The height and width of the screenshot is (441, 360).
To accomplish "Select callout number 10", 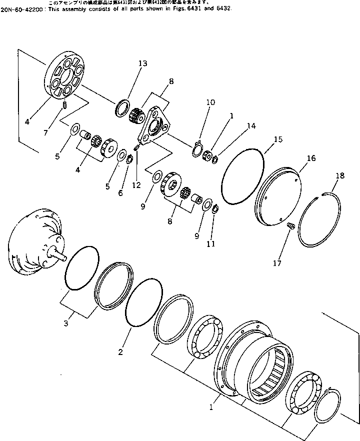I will [x=210, y=102].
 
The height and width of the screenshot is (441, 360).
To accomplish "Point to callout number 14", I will [x=251, y=126].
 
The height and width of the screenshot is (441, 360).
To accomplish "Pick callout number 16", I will [x=311, y=158].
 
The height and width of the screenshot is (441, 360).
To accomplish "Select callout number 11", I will [x=210, y=244].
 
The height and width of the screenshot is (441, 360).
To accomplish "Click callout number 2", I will [x=120, y=352].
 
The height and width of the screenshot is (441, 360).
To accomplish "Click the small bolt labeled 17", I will [x=289, y=227].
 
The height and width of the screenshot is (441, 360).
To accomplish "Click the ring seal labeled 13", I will [x=122, y=108].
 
